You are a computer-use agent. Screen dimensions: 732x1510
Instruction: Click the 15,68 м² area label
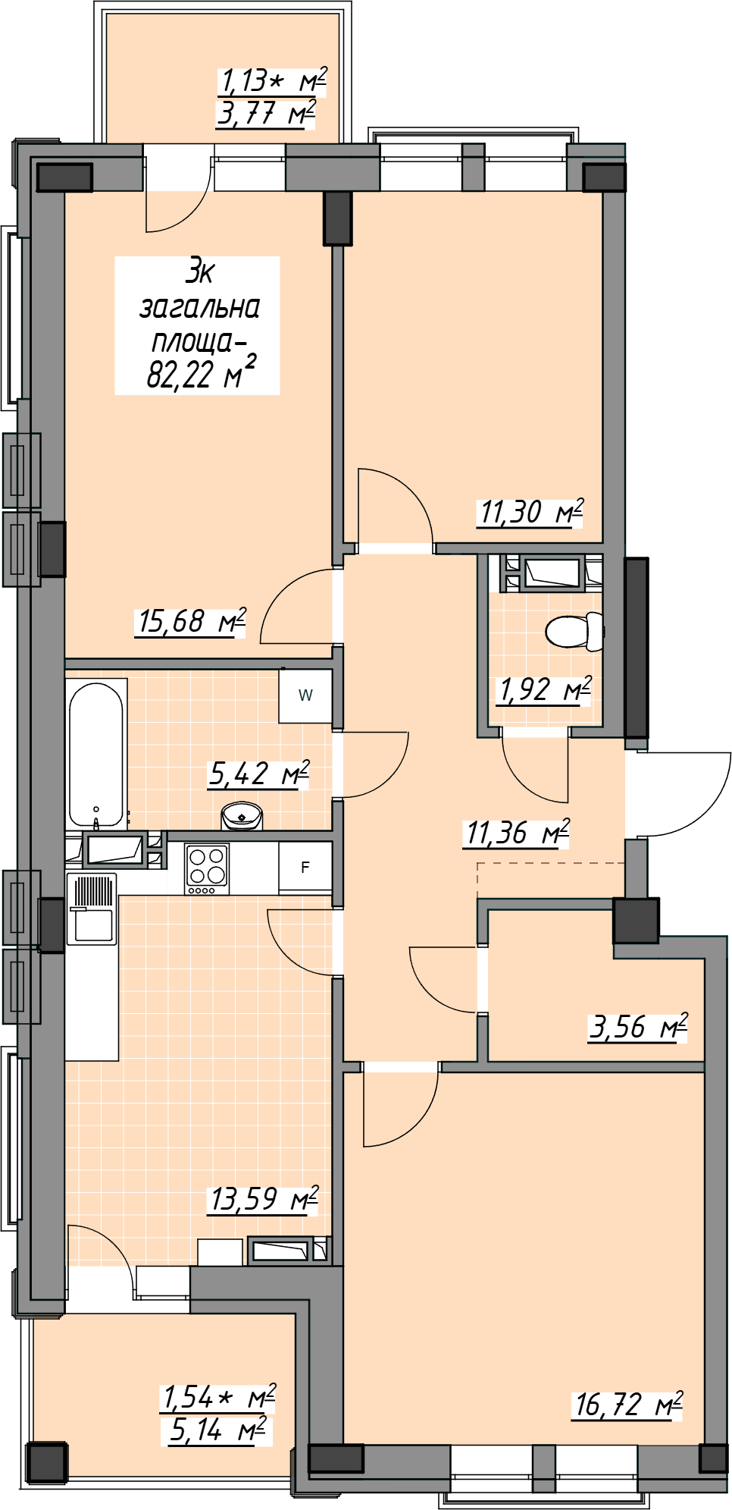pyautogui.click(x=191, y=622)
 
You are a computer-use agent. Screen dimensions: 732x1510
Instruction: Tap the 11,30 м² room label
pyautogui.click(x=530, y=513)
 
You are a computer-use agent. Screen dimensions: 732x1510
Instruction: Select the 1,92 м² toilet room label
pyautogui.click(x=544, y=690)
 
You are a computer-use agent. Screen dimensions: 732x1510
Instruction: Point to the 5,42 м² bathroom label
pyautogui.click(x=259, y=774)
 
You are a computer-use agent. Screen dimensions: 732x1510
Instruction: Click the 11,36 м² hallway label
pyautogui.click(x=517, y=833)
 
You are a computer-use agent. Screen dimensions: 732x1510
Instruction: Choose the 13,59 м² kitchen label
pyautogui.click(x=264, y=1199)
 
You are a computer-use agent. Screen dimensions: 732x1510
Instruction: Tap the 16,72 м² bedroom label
pyautogui.click(x=628, y=1405)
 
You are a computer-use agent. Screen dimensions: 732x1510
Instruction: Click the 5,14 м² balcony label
pyautogui.click(x=217, y=1430)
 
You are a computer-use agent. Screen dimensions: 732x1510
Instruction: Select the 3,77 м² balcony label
pyautogui.click(x=265, y=114)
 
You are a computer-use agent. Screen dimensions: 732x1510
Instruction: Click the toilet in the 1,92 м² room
pyautogui.click(x=575, y=631)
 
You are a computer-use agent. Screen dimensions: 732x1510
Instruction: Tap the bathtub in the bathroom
pyautogui.click(x=96, y=755)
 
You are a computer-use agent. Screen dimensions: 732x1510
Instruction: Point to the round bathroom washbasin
pyautogui.click(x=242, y=816)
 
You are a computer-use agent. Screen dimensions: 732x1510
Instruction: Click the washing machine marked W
pyautogui.click(x=305, y=695)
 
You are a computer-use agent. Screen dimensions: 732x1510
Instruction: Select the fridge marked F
pyautogui.click(x=305, y=867)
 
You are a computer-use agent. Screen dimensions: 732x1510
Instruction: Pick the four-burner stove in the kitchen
pyautogui.click(x=207, y=868)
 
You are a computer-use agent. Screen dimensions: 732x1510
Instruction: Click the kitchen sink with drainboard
pyautogui.click(x=92, y=909)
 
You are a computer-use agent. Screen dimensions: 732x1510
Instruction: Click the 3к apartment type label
pyautogui.click(x=200, y=272)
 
